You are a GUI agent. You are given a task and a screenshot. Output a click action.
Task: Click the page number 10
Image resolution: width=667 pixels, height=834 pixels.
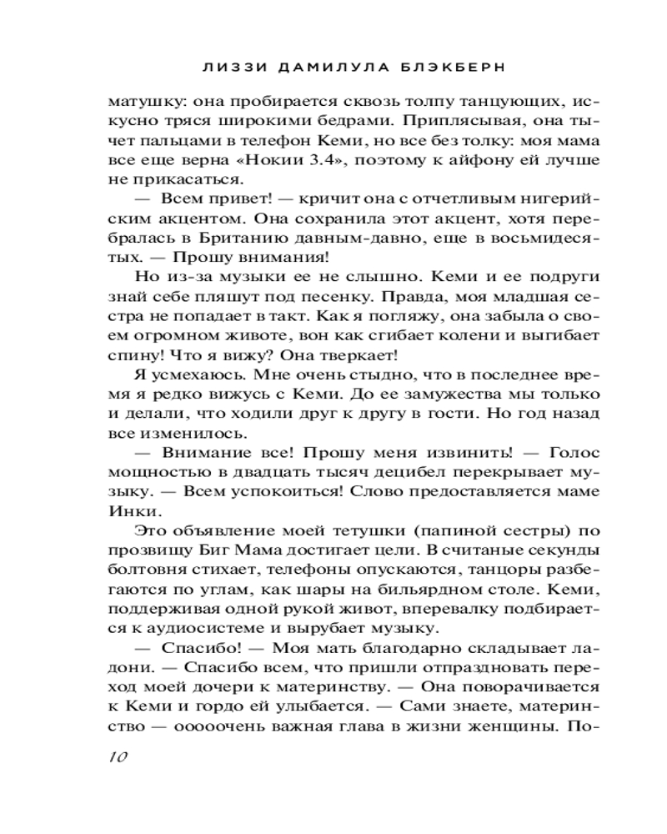116,756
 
